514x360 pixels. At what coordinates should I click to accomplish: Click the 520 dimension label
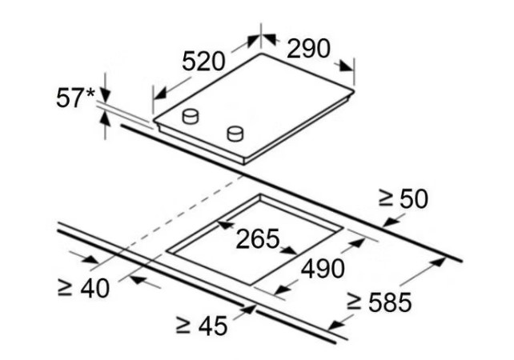[203, 61]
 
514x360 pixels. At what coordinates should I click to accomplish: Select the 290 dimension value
[308, 49]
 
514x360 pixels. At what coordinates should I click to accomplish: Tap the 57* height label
[76, 98]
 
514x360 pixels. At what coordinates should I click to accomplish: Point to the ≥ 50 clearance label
[404, 198]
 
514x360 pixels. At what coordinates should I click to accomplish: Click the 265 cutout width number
[258, 238]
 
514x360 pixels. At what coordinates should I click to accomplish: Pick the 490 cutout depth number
[323, 269]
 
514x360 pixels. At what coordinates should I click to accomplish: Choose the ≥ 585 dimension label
[379, 302]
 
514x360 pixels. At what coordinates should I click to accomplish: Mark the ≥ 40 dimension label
[83, 288]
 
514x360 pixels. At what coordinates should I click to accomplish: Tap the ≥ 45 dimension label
[201, 326]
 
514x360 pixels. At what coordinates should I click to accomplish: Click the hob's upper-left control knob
[191, 116]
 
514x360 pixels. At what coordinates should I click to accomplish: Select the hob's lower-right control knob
[235, 134]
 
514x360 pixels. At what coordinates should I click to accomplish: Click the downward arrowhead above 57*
[105, 95]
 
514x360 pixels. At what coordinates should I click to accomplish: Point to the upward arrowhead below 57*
[105, 118]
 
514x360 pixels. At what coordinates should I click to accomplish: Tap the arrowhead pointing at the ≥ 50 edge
[391, 222]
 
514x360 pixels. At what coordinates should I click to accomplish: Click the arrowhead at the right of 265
[290, 250]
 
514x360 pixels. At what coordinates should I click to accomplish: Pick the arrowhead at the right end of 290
[346, 66]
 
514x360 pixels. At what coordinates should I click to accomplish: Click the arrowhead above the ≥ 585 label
[438, 262]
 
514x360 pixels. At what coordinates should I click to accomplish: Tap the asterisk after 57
[90, 93]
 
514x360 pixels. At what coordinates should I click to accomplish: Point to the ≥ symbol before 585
[354, 302]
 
